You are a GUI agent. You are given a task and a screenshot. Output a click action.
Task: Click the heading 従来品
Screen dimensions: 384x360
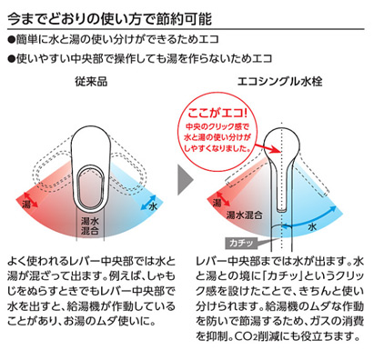[93, 83]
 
